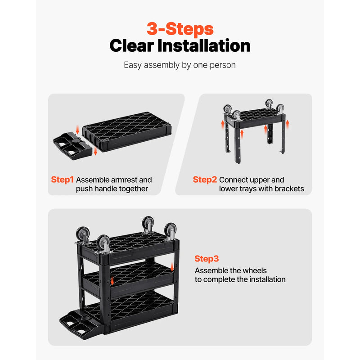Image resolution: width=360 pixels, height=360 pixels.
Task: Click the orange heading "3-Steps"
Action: click(180, 28)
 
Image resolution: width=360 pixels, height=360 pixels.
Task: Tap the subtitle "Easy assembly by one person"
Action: click(180, 65)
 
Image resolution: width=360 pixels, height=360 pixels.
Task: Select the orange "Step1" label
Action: click(62, 180)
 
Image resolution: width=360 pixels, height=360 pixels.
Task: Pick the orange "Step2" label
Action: click(205, 180)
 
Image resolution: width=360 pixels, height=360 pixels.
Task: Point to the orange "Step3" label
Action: click(207, 259)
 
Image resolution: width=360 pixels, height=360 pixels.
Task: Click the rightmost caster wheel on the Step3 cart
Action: click(170, 231)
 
